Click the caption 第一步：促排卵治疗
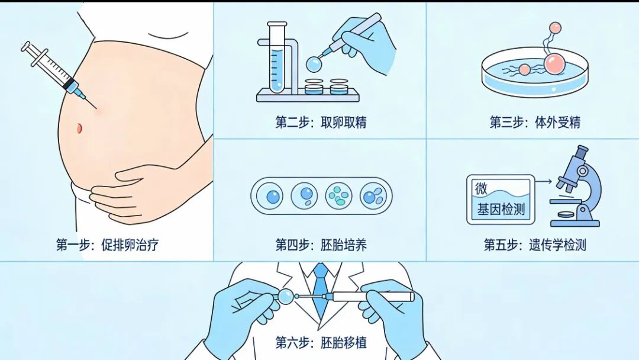click(x=107, y=245)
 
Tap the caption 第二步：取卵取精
click(x=321, y=123)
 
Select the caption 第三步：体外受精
click(x=535, y=123)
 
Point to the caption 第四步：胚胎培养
click(x=321, y=245)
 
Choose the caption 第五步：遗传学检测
click(x=535, y=245)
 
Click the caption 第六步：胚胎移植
click(x=321, y=342)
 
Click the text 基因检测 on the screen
click(x=501, y=210)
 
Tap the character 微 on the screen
click(x=481, y=188)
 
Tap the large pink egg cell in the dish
click(x=555, y=63)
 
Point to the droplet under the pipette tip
click(x=314, y=63)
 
